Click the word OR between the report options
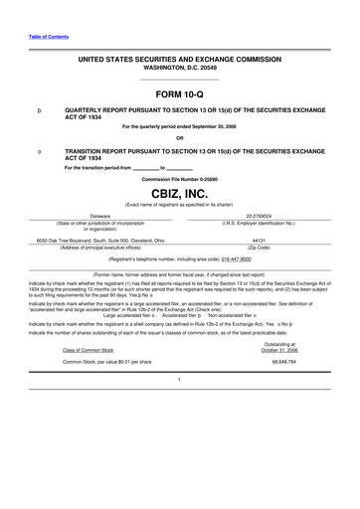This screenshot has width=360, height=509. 179,137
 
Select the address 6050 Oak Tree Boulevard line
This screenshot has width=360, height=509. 101,240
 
